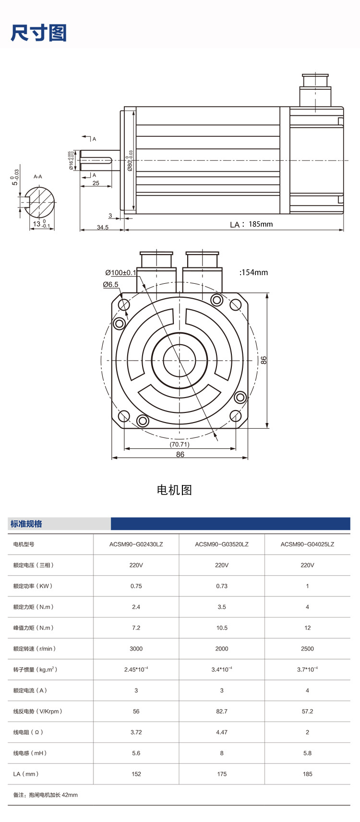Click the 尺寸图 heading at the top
tap(38, 33)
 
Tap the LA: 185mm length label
tap(252, 224)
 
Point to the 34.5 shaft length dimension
tap(103, 227)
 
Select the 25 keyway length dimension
tap(96, 183)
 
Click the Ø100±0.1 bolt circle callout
tap(121, 273)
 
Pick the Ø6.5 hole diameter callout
tap(111, 284)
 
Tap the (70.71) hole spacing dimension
tap(180, 444)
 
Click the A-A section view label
tap(38, 177)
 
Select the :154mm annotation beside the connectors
tap(253, 272)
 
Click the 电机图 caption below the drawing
tap(174, 490)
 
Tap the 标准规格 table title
tap(26, 524)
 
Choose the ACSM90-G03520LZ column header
tap(222, 544)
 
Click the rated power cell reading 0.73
tap(222, 586)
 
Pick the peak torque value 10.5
tap(222, 628)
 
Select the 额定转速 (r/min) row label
tap(35, 649)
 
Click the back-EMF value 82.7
tap(222, 711)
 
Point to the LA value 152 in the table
tap(136, 774)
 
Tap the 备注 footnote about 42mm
tap(46, 795)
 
